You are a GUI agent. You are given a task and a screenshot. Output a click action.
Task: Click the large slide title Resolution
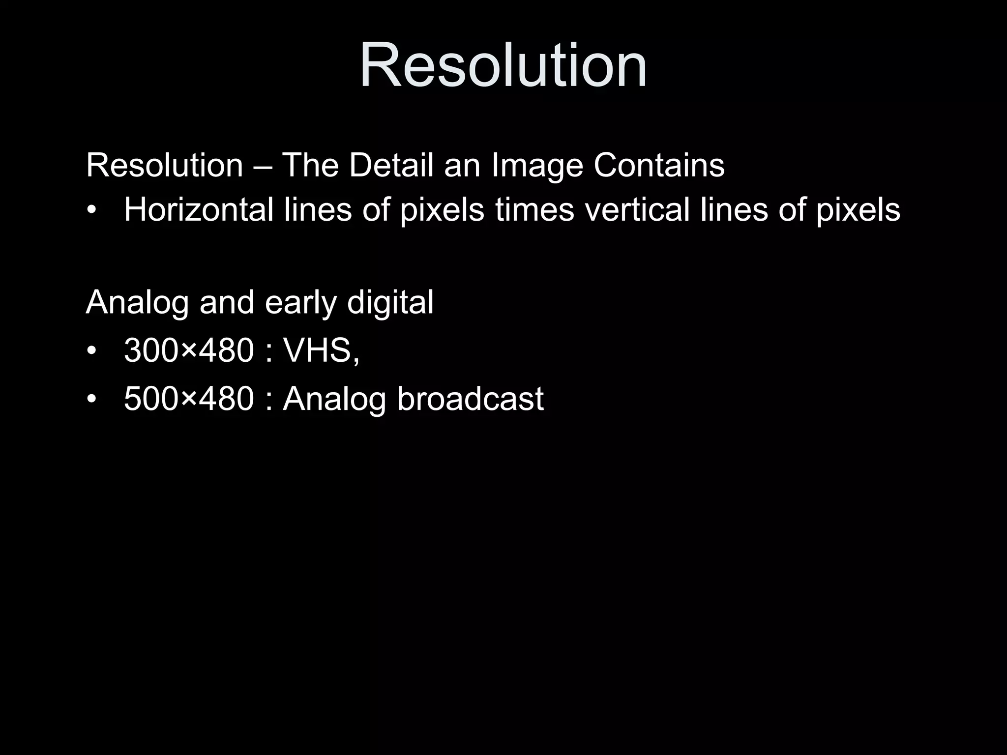[503, 65]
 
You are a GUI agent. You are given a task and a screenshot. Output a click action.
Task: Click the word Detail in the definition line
[391, 165]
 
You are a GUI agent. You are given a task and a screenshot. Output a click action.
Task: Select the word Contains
[659, 165]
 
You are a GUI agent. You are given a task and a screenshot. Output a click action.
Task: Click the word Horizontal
[199, 209]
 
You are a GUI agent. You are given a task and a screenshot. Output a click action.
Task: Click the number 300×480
[189, 350]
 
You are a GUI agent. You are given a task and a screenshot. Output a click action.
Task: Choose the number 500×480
[189, 398]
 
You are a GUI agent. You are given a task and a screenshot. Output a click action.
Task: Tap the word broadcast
[470, 398]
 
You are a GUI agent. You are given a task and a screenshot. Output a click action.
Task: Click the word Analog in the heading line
[137, 303]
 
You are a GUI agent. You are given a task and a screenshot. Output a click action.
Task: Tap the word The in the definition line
[310, 165]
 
